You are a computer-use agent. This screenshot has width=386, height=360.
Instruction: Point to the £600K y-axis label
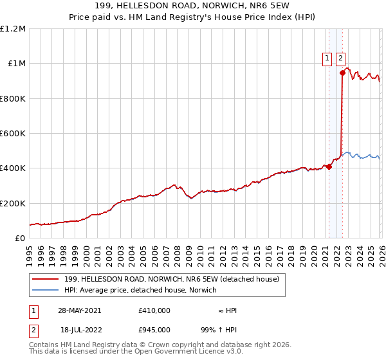point(13,134)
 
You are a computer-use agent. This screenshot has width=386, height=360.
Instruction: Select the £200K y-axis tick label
point(13,203)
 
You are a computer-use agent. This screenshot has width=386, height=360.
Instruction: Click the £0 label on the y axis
point(19,238)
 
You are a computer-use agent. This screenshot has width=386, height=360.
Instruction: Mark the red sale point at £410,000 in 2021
point(329,166)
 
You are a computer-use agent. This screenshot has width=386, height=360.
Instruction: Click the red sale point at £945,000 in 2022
point(342,73)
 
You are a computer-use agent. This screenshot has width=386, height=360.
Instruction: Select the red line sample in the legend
point(46,279)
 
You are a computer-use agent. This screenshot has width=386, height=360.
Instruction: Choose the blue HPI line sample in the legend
point(46,291)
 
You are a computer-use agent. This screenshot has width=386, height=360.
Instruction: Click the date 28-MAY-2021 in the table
point(78,310)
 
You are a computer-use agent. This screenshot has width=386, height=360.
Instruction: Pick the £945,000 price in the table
point(154,330)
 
